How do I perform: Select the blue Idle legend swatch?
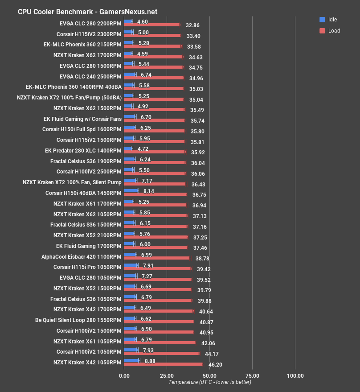coord(322,20)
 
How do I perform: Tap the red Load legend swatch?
coord(322,31)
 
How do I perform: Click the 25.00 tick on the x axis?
coord(167,375)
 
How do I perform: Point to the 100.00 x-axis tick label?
coord(295,375)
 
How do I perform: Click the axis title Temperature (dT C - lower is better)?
coord(209,382)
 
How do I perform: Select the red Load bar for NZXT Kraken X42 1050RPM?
coord(163,364)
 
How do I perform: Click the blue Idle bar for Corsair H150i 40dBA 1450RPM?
coord(131,191)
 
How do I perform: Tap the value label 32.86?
coord(192,25)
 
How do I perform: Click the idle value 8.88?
coord(148,361)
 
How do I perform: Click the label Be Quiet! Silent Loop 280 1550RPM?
coord(78,320)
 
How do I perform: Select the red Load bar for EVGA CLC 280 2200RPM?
coord(152,25)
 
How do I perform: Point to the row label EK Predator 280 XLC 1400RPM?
coord(83,150)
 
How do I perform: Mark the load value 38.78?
coord(202,259)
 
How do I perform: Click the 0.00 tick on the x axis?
coord(124,375)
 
